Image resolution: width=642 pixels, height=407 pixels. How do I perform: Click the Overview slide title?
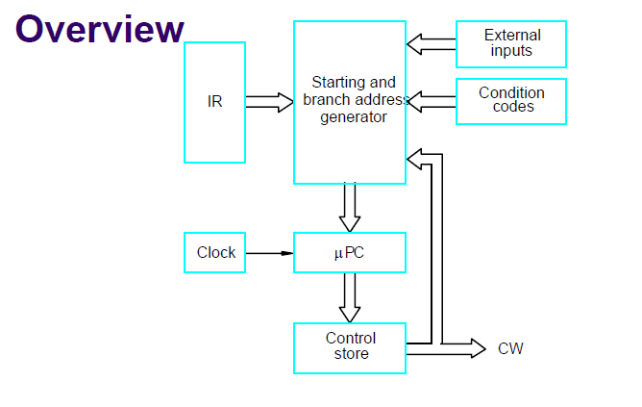click(x=100, y=29)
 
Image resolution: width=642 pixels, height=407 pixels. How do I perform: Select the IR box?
click(x=214, y=102)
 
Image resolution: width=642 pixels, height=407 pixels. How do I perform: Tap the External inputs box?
click(x=511, y=44)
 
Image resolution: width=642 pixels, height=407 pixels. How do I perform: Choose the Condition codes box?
click(x=511, y=101)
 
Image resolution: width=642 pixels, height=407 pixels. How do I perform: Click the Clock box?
click(x=214, y=252)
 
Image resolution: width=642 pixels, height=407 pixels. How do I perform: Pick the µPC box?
click(x=350, y=252)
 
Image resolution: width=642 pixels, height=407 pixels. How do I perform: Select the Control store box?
click(x=350, y=348)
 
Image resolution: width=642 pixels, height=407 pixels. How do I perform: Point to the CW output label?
click(x=510, y=349)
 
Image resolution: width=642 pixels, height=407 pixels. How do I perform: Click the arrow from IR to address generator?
click(x=270, y=102)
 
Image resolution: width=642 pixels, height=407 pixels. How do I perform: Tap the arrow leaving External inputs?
click(x=432, y=44)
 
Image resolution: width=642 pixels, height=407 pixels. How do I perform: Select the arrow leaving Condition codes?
click(x=432, y=102)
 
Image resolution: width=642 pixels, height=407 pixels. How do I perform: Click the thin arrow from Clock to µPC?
click(x=270, y=253)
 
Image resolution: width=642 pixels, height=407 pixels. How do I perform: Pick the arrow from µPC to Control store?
click(x=350, y=297)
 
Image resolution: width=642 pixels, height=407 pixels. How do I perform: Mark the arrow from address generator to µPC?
click(x=350, y=208)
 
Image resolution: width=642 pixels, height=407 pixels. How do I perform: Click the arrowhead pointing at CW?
click(x=479, y=348)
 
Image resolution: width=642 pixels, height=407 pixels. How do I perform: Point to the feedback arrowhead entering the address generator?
click(x=414, y=159)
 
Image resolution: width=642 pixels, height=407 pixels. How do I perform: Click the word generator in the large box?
click(x=354, y=117)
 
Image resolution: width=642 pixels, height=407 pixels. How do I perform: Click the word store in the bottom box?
click(x=352, y=354)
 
